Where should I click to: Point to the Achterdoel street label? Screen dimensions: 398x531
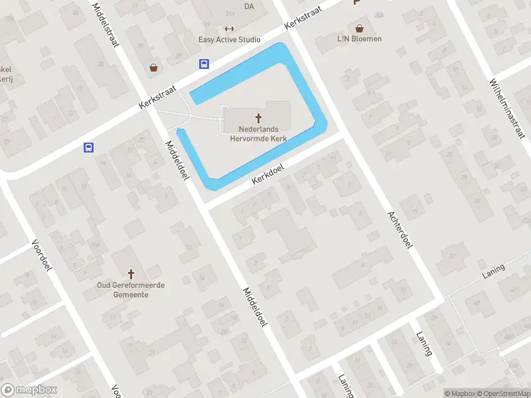pyautogui.click(x=400, y=230)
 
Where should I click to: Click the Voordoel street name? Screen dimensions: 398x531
pyautogui.click(x=41, y=255)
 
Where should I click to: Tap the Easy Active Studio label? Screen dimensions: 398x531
pyautogui.click(x=230, y=40)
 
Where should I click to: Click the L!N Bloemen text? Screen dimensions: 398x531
pyautogui.click(x=359, y=39)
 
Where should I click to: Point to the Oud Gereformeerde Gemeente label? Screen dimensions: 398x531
pyautogui.click(x=131, y=290)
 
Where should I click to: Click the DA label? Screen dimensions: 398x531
pyautogui.click(x=249, y=7)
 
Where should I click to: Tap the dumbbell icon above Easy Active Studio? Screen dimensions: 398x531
pyautogui.click(x=230, y=29)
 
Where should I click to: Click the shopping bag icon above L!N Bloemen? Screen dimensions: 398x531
pyautogui.click(x=359, y=29)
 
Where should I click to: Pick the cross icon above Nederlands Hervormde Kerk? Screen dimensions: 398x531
pyautogui.click(x=259, y=117)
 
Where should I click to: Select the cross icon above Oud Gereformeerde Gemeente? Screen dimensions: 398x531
pyautogui.click(x=131, y=273)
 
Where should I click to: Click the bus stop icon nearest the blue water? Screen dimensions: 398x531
pyautogui.click(x=204, y=64)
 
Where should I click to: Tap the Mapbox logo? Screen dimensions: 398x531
pyautogui.click(x=29, y=390)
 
